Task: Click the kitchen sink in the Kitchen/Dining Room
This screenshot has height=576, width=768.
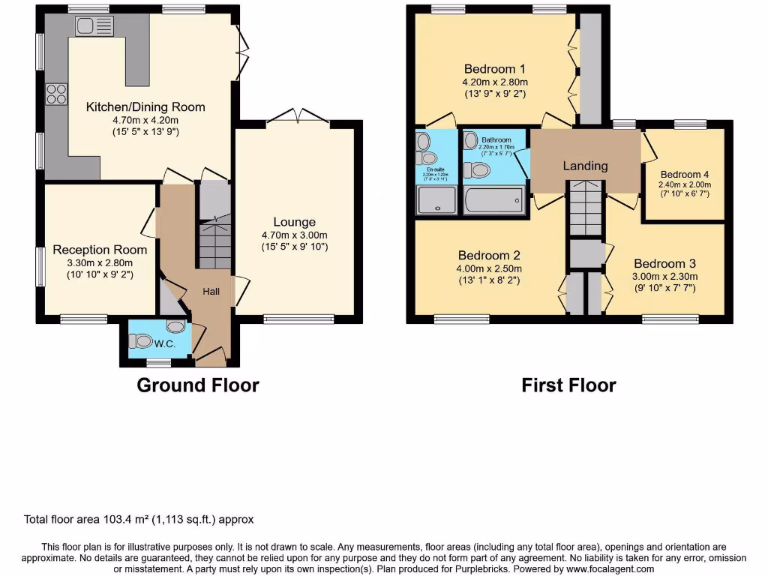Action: tap(94, 25)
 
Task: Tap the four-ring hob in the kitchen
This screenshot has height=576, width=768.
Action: tap(56, 94)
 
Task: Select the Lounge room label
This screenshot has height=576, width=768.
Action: tap(294, 222)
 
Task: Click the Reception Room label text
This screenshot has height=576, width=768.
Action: tap(100, 250)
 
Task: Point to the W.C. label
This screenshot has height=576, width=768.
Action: tap(164, 344)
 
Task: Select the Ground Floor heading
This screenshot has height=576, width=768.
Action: tap(197, 385)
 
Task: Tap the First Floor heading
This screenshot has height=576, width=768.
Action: tap(568, 385)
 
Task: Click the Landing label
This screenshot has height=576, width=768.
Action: tap(585, 166)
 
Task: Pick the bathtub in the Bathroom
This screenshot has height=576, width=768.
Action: tap(494, 201)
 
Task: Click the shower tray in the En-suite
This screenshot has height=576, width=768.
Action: tap(436, 201)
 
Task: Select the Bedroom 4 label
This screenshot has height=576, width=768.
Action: tap(684, 174)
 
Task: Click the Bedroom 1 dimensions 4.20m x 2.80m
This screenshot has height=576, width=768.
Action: tap(494, 82)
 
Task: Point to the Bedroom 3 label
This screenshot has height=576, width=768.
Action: tap(664, 263)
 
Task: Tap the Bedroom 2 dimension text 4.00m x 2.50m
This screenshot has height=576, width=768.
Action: tap(489, 268)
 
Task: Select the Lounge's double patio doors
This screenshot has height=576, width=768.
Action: tap(298, 116)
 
